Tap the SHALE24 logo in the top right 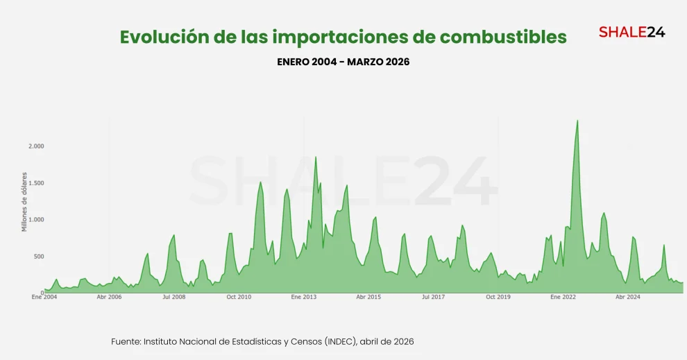click(631, 31)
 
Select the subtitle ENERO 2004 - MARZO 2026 click(343, 62)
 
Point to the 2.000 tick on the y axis click(36, 146)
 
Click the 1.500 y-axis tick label click(36, 183)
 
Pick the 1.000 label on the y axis click(36, 220)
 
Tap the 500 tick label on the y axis click(38, 257)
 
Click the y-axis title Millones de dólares click(24, 202)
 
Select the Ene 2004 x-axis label click(44, 297)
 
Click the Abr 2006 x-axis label click(109, 297)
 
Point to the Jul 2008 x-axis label click(173, 297)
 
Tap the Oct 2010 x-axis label click(239, 297)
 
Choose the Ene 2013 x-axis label click(304, 297)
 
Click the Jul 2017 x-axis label click(434, 297)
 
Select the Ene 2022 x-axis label click(563, 297)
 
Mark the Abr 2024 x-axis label click(628, 297)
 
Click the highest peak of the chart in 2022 click(577, 121)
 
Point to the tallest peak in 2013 click(316, 157)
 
